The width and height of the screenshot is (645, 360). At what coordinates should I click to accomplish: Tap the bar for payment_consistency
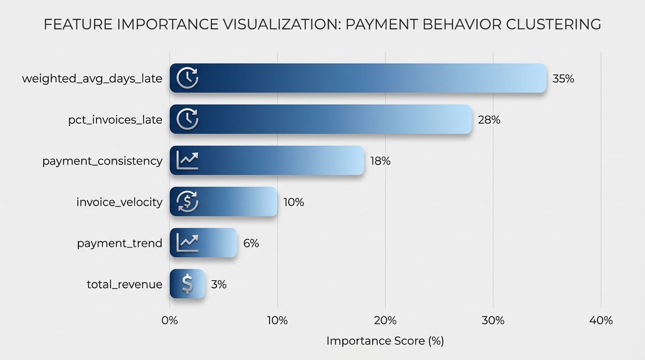[267, 161]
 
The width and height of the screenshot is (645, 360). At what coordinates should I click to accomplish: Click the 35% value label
[563, 79]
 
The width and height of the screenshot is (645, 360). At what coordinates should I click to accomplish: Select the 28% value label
[489, 120]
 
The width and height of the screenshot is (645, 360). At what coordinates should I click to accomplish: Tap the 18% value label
[380, 161]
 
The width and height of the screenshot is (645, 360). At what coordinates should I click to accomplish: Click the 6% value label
[251, 243]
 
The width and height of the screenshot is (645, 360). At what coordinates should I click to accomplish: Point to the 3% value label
[218, 285]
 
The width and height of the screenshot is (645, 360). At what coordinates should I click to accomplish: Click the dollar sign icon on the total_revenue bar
[187, 284]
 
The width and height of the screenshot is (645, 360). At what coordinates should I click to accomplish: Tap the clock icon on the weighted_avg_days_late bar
[187, 78]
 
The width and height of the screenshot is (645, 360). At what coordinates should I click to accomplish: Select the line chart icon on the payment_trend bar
[187, 243]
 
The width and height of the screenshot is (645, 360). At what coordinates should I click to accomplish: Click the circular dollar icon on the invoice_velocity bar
[187, 202]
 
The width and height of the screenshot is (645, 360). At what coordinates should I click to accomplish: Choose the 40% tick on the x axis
[601, 321]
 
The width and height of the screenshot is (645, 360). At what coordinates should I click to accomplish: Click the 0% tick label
[170, 321]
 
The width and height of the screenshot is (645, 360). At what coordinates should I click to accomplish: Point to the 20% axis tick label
[385, 321]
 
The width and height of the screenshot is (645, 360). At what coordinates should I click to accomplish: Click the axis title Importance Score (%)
[385, 341]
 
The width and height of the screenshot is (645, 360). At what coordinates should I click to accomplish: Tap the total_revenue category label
[125, 285]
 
